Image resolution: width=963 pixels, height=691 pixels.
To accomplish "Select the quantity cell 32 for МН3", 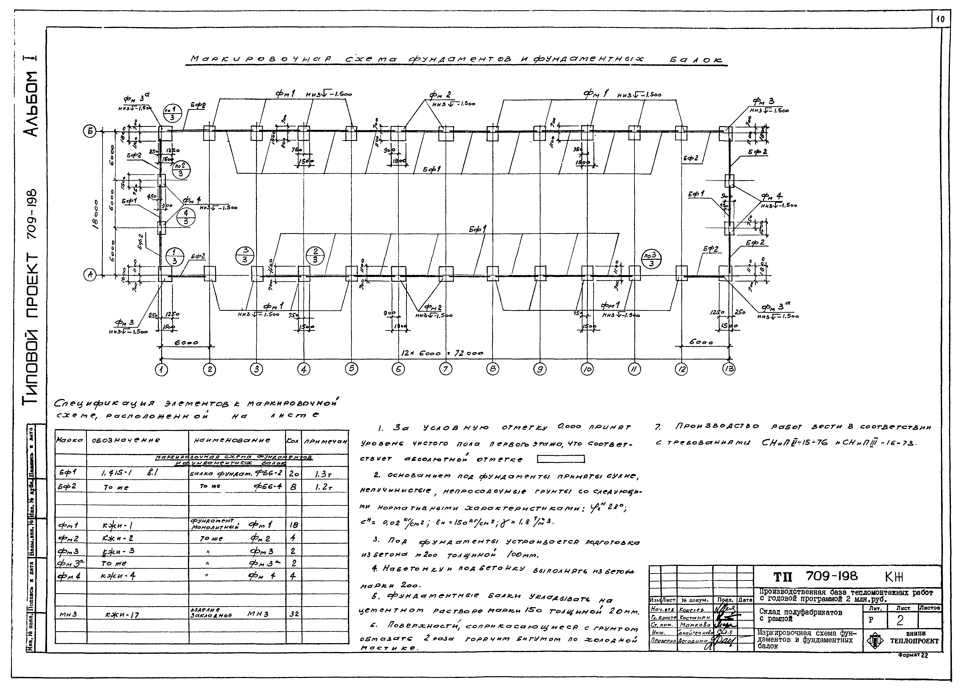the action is [x=293, y=614].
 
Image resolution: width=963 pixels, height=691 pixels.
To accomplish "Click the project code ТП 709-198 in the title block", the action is [x=815, y=576].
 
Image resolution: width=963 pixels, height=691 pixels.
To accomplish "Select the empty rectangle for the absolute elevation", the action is [x=561, y=459].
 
